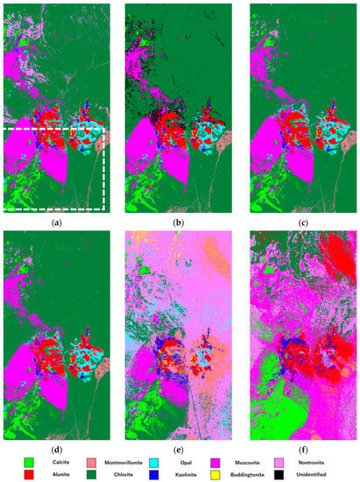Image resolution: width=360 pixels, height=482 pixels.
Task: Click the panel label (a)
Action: (x=55, y=222)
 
